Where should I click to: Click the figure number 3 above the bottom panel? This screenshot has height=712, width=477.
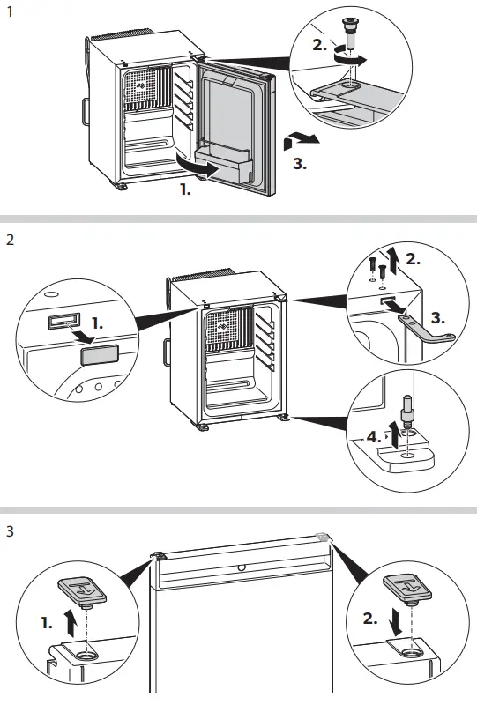[x=10, y=533]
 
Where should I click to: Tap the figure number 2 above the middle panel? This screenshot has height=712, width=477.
[x=10, y=239]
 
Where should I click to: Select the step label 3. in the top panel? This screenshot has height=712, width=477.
[x=299, y=163]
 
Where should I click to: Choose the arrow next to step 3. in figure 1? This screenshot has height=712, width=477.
[x=300, y=138]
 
